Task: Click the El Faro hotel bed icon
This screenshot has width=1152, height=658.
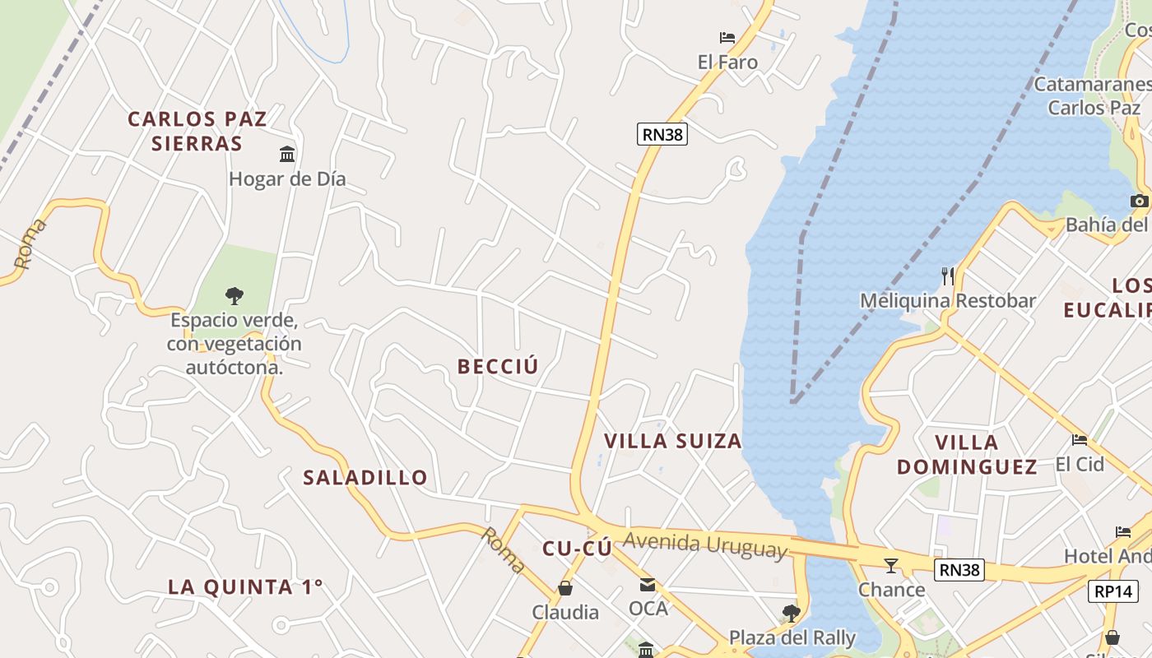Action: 727,38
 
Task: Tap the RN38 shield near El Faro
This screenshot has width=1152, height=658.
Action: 662,134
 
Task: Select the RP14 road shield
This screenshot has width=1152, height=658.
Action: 1113,591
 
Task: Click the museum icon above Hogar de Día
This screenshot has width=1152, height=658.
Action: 287,154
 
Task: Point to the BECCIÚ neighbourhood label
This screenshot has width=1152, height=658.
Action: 498,367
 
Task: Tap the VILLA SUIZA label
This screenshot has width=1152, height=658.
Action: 673,441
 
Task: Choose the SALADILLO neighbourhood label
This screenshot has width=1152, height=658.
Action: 365,477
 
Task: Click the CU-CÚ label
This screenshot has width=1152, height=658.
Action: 577,549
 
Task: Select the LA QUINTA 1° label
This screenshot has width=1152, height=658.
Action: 245,587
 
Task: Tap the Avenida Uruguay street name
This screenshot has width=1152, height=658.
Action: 704,545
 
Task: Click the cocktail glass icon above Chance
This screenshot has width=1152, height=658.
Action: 890,565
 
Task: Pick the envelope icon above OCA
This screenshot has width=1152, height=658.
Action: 648,585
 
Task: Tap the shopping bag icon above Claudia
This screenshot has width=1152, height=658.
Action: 565,588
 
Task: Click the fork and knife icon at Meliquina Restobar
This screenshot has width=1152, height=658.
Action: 947,276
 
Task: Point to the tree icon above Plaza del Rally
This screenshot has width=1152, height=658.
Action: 792,613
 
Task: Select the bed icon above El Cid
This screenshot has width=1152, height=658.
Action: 1080,439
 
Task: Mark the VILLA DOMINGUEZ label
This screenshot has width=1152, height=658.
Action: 966,455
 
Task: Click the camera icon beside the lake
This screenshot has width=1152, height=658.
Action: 1140,201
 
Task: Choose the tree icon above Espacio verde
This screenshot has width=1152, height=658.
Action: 235,295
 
